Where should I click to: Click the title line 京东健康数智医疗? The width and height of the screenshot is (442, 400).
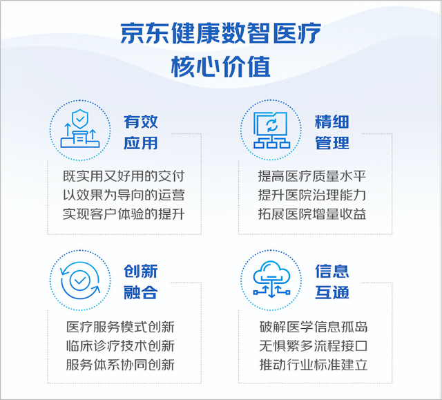[x=221, y=33]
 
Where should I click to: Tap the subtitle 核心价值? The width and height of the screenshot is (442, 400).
[x=221, y=66]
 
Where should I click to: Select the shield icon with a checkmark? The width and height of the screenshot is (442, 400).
[x=80, y=128]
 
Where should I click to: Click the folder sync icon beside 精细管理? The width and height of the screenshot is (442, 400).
[x=271, y=130]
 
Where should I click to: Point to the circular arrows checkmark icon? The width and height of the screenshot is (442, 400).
[x=80, y=280]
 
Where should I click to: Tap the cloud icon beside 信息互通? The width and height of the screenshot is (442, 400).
[x=271, y=279]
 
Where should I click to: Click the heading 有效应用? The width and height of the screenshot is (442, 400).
[x=141, y=132]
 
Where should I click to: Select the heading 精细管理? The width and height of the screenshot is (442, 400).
[x=332, y=132]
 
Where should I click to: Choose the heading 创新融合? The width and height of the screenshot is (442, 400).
[x=141, y=282]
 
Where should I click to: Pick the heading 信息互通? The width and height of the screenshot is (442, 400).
[x=332, y=282]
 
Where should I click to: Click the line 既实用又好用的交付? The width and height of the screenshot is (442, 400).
[x=124, y=176]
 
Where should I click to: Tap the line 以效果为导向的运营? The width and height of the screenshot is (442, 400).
[x=124, y=195]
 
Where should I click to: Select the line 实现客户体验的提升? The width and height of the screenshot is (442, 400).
[x=124, y=214]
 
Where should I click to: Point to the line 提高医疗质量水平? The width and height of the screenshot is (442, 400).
[x=312, y=176]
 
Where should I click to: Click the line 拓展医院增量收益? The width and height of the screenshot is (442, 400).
[x=312, y=214]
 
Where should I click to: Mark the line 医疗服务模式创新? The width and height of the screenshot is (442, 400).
[x=120, y=327]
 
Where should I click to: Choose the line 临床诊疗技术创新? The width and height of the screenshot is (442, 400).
[x=120, y=346]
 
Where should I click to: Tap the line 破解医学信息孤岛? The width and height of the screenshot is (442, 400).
[x=314, y=327]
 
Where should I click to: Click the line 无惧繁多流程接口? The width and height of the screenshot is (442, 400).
[x=314, y=346]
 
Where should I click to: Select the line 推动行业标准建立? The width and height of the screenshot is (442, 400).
[x=314, y=365]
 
